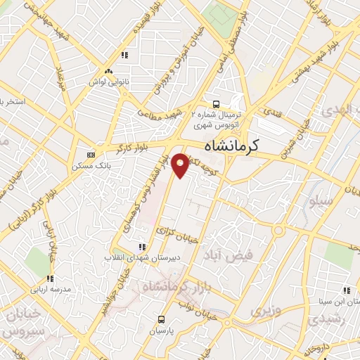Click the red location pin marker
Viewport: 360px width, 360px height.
[181, 165]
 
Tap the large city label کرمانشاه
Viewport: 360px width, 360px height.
[232, 146]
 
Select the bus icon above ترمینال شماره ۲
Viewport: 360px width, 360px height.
[216, 102]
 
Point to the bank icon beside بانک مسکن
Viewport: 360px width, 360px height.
[90, 155]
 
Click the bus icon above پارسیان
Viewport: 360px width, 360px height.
[163, 319]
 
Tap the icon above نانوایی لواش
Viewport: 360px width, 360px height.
[108, 72]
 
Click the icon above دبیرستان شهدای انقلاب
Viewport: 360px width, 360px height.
[143, 247]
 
